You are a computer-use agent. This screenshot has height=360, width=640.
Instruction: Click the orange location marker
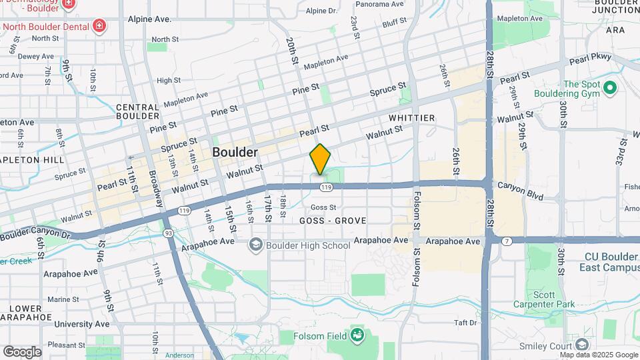320,159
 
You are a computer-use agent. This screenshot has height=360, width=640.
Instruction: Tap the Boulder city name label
235,153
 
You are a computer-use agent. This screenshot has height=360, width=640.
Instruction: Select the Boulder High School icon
255,245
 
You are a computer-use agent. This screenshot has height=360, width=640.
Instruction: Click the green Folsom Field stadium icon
357,334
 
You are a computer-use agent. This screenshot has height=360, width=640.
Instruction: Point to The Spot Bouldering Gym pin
609,87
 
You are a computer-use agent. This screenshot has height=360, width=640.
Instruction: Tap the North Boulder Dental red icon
99,26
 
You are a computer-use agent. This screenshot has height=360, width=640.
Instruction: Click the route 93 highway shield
168,232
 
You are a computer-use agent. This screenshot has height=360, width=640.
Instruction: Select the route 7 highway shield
507,240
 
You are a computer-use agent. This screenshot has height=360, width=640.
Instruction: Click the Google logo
22,351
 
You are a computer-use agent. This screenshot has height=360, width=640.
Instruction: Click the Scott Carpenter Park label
553,299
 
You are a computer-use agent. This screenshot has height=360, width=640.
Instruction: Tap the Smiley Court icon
581,345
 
